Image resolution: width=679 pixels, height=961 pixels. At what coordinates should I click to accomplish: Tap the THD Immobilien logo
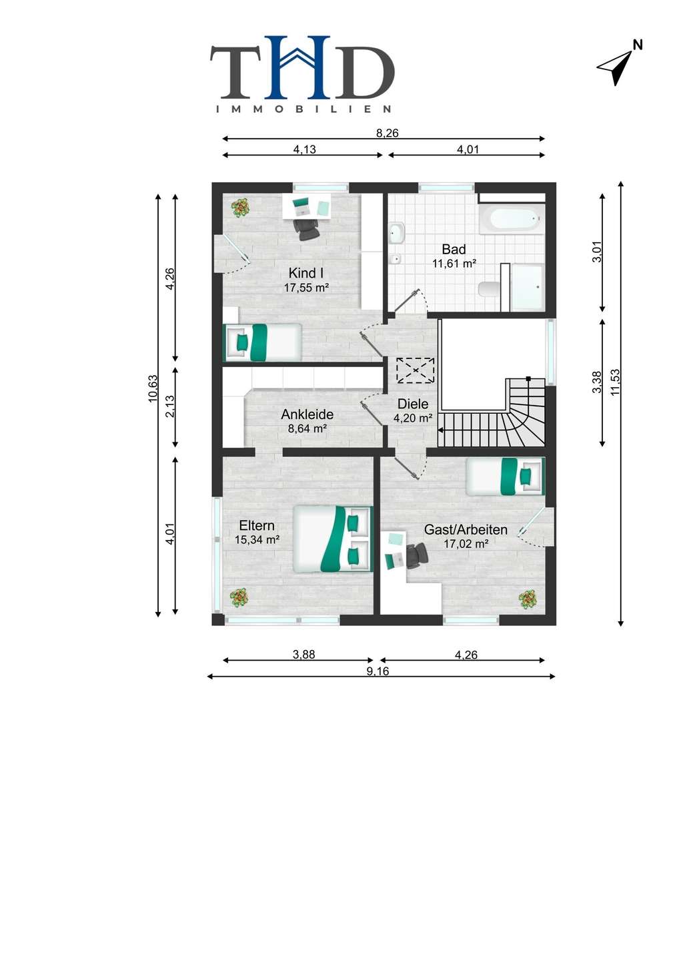click(x=302, y=74)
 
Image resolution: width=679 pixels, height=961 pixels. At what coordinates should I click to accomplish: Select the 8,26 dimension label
click(x=387, y=133)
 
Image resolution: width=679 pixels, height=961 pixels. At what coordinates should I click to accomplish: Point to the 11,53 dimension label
click(x=615, y=382)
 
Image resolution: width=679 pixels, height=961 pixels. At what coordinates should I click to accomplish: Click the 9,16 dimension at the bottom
click(x=378, y=671)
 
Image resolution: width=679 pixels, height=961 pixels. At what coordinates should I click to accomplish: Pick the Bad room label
click(x=454, y=249)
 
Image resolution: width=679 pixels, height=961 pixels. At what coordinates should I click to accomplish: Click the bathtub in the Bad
click(x=512, y=218)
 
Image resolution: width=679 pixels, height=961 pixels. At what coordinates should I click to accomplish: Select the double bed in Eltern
click(x=333, y=539)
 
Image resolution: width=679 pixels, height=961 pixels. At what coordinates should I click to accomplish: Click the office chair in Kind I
click(x=307, y=230)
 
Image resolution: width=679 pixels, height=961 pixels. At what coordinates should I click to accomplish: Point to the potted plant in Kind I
click(x=241, y=208)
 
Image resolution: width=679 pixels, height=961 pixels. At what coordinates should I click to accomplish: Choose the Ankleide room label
click(x=307, y=414)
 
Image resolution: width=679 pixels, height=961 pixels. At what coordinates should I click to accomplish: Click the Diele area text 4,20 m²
click(x=413, y=418)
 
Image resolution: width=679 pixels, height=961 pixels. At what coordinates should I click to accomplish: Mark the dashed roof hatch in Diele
click(x=415, y=370)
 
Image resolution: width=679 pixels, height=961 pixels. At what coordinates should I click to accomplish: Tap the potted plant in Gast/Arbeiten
click(x=528, y=599)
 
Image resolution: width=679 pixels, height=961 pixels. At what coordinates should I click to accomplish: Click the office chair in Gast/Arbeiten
click(x=416, y=555)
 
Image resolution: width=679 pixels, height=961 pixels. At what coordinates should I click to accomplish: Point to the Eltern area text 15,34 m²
click(x=257, y=539)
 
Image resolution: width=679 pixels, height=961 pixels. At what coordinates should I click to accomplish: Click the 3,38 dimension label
click(x=597, y=382)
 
